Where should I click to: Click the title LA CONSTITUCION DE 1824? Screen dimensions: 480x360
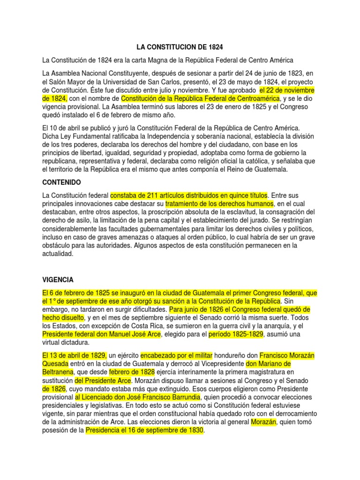(180, 47)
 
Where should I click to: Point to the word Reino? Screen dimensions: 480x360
(229, 170)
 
